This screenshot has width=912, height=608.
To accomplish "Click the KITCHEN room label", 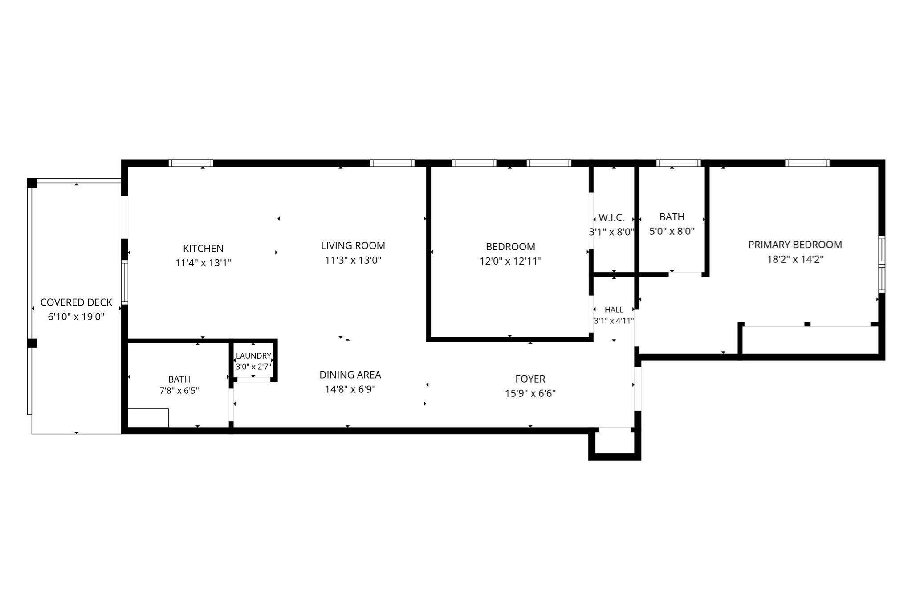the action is click(x=203, y=249).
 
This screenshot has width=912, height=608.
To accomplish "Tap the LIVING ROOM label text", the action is click(x=353, y=245).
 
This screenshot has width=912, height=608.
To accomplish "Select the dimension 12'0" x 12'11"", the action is click(x=510, y=261).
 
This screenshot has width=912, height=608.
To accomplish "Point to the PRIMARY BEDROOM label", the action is click(x=795, y=245).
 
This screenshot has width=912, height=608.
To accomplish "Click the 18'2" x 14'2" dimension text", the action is click(x=795, y=259).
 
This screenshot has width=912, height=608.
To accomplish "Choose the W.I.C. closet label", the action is click(x=611, y=218).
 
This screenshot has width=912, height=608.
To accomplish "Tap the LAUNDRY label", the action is click(x=253, y=356).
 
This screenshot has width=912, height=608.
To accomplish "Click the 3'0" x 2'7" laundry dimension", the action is click(x=253, y=367).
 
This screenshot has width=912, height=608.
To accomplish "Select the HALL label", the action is click(x=614, y=310).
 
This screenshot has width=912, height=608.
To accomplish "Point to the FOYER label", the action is click(x=530, y=379).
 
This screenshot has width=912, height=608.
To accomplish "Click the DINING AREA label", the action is click(x=350, y=375).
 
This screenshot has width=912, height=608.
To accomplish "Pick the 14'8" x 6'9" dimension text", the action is click(x=350, y=389).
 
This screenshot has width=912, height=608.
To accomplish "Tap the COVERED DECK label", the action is click(x=76, y=302).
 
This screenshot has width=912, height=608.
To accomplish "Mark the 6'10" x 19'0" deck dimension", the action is click(x=76, y=317).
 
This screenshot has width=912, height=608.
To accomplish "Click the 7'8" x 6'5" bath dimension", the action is click(x=179, y=391).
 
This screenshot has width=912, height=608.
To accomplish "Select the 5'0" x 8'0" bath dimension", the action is click(x=672, y=231).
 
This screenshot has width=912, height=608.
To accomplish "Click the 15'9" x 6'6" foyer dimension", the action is click(x=530, y=393).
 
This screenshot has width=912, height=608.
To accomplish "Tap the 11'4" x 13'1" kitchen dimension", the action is click(x=203, y=263).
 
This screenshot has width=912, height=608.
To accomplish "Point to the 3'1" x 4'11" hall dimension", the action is click(x=614, y=321).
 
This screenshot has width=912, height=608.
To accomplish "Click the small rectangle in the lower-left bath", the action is click(x=148, y=418).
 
